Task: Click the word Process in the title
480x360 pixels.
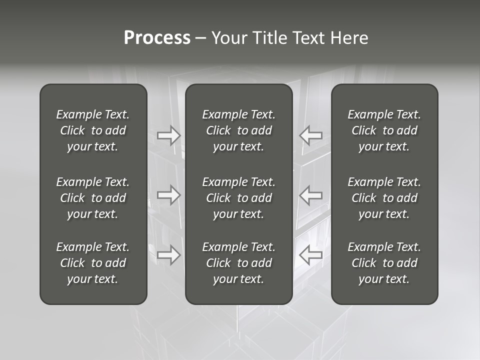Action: tap(157, 38)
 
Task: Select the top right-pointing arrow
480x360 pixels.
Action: tap(169, 135)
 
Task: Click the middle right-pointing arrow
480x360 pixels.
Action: tap(169, 195)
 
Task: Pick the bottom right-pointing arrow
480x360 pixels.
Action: tap(169, 255)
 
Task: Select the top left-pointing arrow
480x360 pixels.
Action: tap(311, 135)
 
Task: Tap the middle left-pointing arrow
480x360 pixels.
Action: tap(311, 195)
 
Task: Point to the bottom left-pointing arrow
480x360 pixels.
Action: tap(311, 255)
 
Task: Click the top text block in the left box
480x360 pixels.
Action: tap(93, 130)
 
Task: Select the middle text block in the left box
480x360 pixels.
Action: tap(93, 198)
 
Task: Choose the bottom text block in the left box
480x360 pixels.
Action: tap(93, 263)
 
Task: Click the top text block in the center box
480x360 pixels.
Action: tap(239, 130)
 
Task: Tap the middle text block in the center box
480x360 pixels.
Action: tap(239, 198)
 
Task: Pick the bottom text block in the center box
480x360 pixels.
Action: tap(239, 263)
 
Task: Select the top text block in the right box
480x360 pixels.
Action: tap(384, 130)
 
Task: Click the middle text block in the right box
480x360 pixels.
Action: tap(384, 198)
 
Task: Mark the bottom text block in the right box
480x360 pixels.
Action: tap(384, 263)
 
